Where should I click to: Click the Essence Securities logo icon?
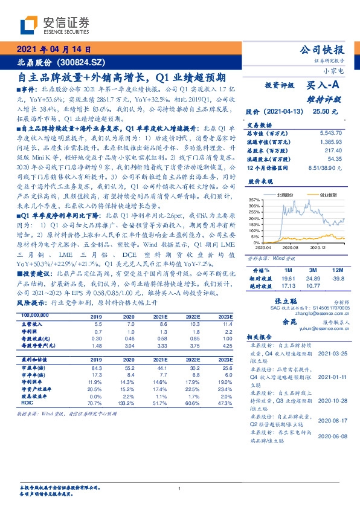(28, 25)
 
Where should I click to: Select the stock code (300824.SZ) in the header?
(80, 62)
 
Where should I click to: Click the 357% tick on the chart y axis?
(254, 199)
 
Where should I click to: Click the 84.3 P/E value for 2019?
(96, 368)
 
